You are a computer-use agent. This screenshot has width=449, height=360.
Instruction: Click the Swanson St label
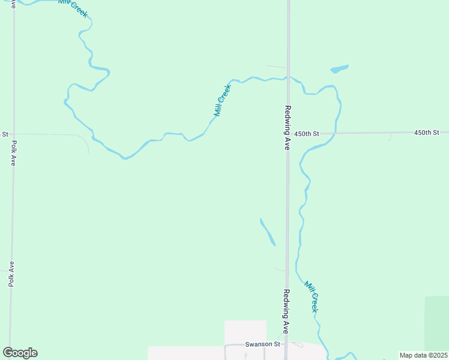point(263,344)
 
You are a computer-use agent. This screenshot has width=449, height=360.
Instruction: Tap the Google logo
point(20,353)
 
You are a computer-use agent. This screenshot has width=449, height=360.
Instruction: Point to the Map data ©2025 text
point(423,355)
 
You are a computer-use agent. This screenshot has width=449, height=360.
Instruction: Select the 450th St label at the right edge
point(427,132)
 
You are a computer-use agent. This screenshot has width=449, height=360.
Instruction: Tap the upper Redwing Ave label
point(288,128)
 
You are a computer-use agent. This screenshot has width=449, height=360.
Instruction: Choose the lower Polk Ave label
point(11,274)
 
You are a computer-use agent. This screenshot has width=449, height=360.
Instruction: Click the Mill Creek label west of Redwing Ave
point(222,100)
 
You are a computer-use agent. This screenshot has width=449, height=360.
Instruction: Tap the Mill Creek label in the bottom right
point(310,296)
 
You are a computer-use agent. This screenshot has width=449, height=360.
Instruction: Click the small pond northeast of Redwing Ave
point(339,69)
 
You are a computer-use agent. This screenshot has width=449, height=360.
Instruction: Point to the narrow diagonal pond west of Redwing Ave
point(267,232)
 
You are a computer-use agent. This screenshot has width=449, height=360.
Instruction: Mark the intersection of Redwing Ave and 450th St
point(288,133)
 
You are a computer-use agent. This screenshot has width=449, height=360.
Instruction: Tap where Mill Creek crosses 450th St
point(336,133)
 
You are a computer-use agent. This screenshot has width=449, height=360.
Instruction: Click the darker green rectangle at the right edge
point(437,324)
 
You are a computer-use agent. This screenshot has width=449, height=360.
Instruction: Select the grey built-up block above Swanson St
point(245,332)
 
